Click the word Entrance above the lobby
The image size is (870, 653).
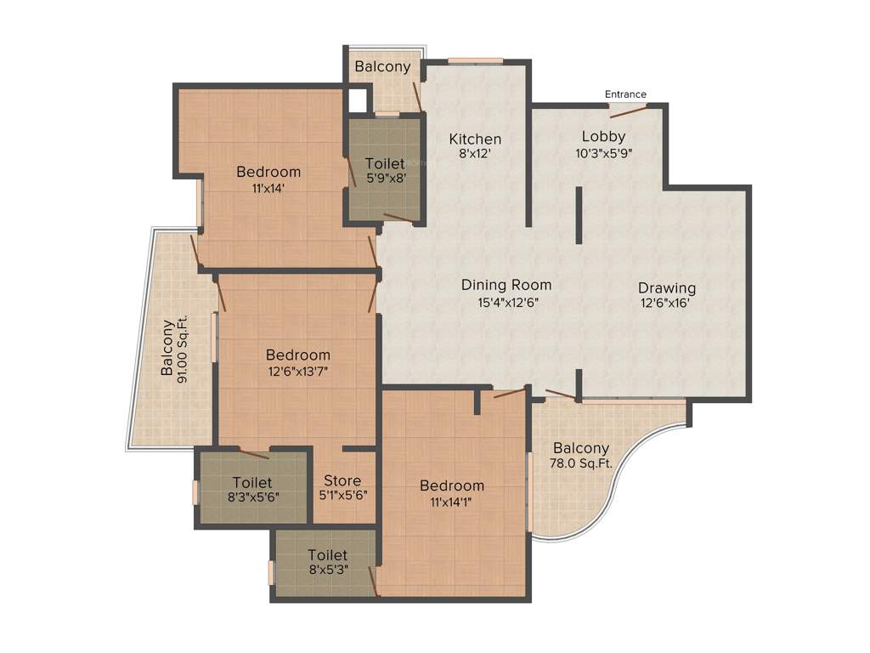(x=625, y=94)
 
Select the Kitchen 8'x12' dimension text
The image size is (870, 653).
(x=475, y=155)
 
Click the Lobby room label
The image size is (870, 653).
(x=603, y=136)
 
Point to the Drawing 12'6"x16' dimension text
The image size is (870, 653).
(x=667, y=303)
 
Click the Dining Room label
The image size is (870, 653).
(x=506, y=285)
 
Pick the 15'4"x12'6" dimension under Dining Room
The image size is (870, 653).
(x=506, y=302)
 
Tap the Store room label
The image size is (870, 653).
(x=342, y=480)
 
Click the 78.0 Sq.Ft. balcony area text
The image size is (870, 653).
(x=581, y=464)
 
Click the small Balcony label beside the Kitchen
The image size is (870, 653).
(x=382, y=66)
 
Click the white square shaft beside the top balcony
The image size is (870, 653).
(x=358, y=100)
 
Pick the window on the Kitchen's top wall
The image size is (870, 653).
(x=475, y=60)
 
